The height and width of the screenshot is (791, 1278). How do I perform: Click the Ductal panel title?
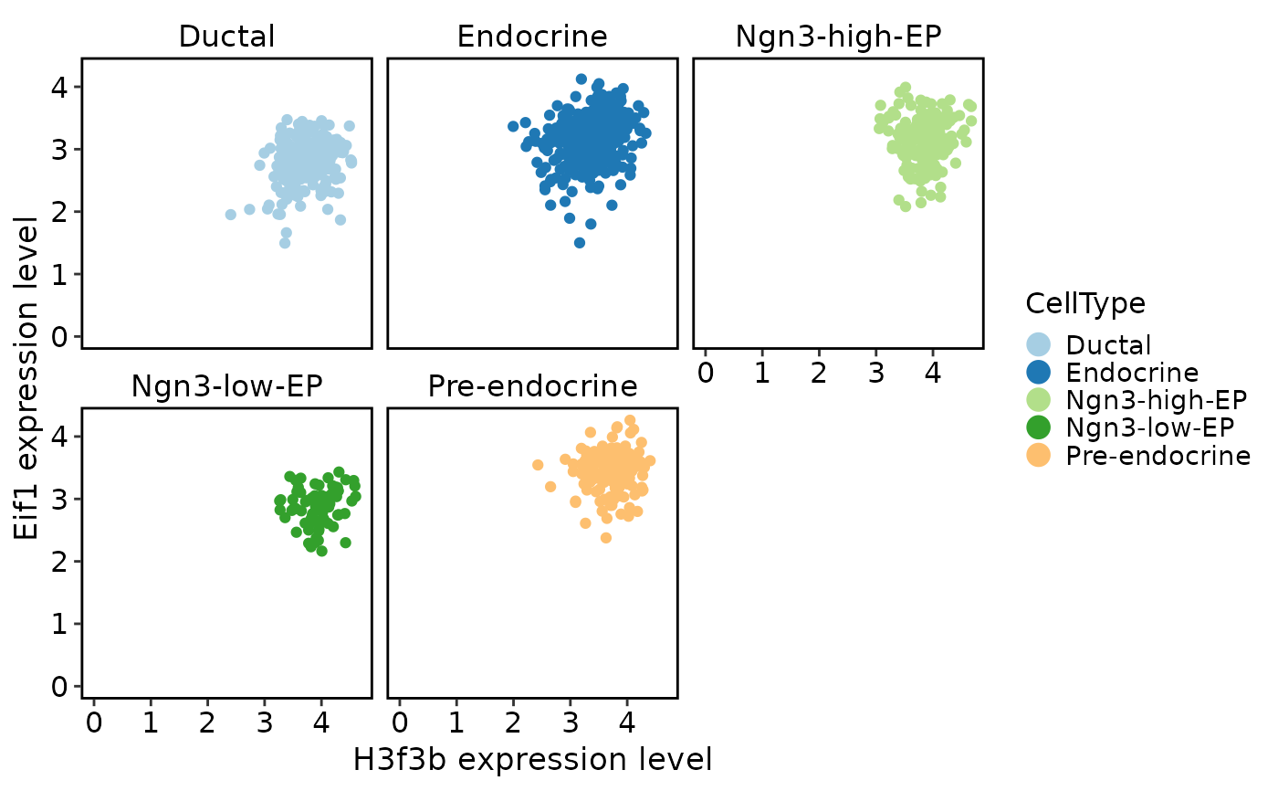(226, 37)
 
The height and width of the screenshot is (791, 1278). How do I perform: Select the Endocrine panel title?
(531, 37)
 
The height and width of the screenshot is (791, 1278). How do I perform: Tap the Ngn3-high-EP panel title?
(838, 37)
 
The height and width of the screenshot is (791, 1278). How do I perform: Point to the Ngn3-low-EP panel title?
(226, 386)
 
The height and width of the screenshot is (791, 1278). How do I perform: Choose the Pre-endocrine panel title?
(532, 386)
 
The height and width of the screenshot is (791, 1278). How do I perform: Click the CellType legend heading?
(1085, 303)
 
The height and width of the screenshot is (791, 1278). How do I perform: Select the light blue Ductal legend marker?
(1039, 344)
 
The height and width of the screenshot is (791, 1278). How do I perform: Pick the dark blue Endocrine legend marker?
(1039, 372)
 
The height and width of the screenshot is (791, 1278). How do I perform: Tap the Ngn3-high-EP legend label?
(1156, 400)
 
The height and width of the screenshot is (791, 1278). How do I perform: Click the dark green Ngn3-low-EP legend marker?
(1039, 427)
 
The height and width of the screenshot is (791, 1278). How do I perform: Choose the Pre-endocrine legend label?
(1158, 456)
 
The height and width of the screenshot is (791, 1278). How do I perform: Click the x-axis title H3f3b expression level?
(532, 760)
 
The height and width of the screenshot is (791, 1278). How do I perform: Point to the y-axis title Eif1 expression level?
(26, 378)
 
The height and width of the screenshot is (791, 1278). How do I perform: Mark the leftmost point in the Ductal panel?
(230, 215)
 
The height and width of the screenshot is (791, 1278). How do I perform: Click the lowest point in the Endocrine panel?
(579, 243)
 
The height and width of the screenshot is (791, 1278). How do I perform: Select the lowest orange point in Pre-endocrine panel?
(606, 538)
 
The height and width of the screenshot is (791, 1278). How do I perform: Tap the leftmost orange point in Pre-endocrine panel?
(538, 465)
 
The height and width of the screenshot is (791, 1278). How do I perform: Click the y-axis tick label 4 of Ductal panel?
(59, 88)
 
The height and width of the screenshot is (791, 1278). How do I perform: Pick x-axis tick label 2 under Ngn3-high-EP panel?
(819, 373)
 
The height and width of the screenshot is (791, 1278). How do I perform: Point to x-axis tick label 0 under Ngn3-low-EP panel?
(93, 722)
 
